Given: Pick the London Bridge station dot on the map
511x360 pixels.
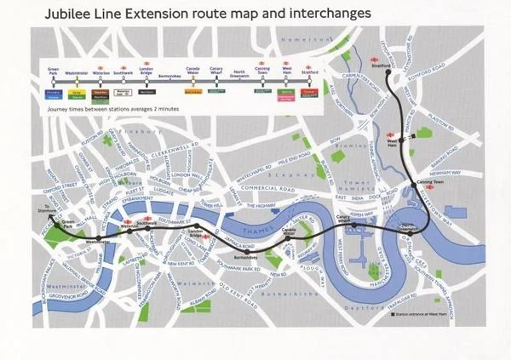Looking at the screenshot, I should [x=195, y=236].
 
